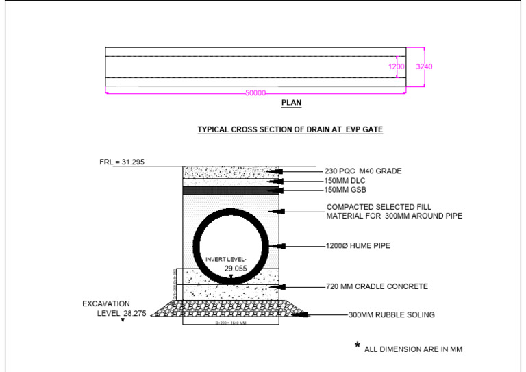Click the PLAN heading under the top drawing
291,103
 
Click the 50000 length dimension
255,93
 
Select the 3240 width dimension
424,66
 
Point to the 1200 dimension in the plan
397,66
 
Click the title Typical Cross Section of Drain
290,129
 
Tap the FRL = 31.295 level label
122,162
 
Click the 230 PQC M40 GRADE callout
362,171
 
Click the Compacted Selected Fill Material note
394,212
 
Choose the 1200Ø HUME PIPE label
358,245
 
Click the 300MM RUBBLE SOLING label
391,315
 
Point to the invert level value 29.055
236,269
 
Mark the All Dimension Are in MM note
413,349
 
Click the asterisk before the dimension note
358,345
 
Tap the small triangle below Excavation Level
123,319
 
